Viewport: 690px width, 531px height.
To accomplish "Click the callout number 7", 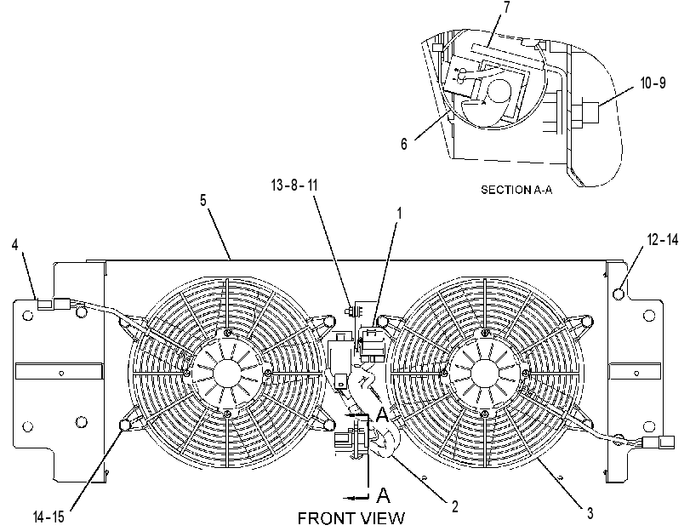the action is coord(506,7).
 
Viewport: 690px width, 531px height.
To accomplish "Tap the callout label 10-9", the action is coord(653,83).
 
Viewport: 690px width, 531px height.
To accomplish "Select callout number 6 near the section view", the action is coord(404,144).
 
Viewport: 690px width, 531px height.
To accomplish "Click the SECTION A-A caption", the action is coord(516,190).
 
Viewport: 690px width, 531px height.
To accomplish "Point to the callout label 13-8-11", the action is coord(294,185).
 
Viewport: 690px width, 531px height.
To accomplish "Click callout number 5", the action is coord(202,200).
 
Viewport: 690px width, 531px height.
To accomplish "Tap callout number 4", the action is coord(15,245).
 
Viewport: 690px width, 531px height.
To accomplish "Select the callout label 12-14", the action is coord(663,240).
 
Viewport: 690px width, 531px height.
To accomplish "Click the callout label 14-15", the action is coord(48,517).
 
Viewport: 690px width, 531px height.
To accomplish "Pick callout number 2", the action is coord(454,506).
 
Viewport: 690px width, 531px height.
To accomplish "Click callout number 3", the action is coord(590,512).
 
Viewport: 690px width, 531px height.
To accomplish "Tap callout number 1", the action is coord(400,214).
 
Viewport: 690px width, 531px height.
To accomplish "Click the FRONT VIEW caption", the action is coord(351,518).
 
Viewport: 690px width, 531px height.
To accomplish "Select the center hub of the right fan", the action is coord(484,374).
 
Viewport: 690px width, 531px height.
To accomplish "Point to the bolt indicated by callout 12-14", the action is coord(619,293).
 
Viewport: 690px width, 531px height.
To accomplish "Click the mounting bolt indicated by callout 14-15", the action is coord(124,425).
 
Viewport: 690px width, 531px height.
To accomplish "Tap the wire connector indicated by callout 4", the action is coord(52,303).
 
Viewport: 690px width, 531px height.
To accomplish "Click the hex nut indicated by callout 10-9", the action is coord(585,113).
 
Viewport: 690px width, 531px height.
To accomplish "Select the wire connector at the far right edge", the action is coord(659,442).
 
